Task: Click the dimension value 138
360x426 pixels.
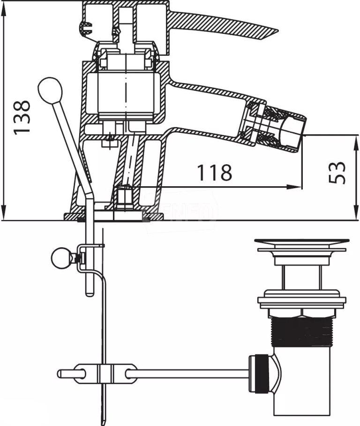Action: point(22,117)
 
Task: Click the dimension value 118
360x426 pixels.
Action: point(214,173)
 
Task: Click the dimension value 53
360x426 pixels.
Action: point(338,173)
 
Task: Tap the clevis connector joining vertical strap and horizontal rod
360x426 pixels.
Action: point(105,373)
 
